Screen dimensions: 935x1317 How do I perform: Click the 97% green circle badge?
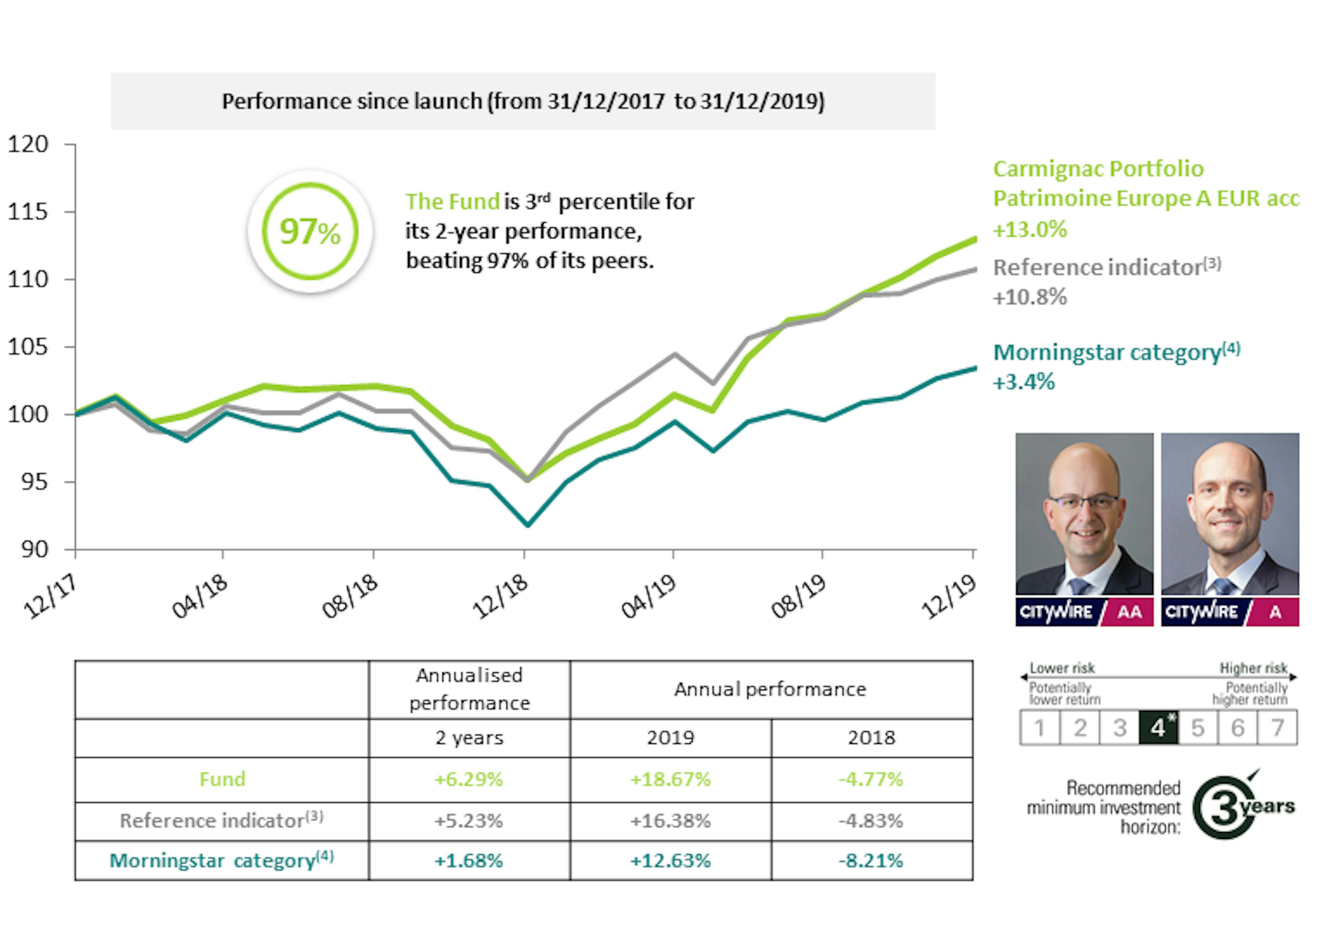point(310,231)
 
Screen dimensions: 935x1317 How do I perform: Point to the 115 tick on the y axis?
point(28,212)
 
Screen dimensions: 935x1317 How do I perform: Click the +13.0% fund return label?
point(1030,229)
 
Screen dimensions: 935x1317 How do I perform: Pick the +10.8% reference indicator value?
point(1030,297)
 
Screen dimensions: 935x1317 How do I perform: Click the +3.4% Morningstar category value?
point(1024,382)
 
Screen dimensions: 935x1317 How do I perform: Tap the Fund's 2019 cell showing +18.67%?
point(670,779)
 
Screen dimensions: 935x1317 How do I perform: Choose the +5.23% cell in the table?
point(468,821)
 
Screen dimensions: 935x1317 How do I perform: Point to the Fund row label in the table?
point(222,779)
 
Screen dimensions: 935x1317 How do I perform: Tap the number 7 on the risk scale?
point(1277,728)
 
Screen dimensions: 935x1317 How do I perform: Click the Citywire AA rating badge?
point(1084,611)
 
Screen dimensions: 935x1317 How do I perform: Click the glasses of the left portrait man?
point(1083,502)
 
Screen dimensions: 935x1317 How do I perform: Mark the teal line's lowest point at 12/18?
point(528,524)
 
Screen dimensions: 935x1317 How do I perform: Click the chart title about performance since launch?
point(523,101)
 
